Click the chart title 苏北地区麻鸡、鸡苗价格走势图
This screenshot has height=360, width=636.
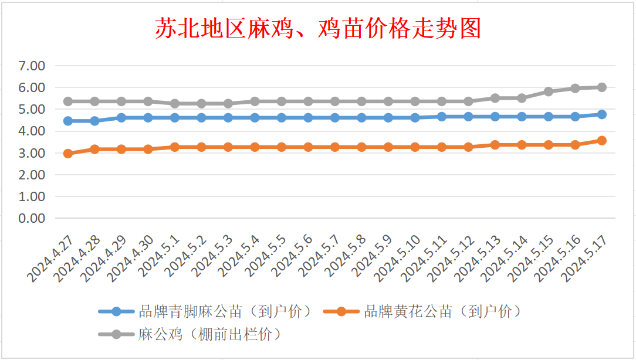tap(318, 28)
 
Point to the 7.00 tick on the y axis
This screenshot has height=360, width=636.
tap(32, 66)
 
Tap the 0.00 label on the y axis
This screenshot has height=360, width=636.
tap(32, 218)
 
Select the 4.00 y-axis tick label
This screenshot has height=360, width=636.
tap(32, 131)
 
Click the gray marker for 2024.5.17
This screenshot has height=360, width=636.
tap(601, 87)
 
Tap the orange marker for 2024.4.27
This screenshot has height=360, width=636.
tap(68, 154)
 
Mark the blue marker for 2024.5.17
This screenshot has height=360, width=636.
tap(601, 114)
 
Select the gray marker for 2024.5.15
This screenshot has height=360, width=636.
tap(548, 91)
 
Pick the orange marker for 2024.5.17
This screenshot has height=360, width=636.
tap(601, 141)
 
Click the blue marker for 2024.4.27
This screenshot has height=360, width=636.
tap(68, 121)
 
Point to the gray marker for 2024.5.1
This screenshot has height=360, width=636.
tap(175, 103)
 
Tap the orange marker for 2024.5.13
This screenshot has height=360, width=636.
tap(495, 145)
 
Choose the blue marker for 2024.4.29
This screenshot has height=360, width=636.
tap(121, 118)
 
